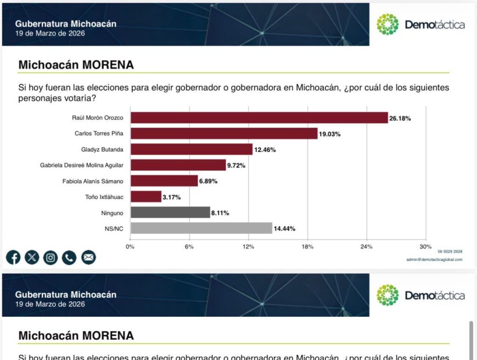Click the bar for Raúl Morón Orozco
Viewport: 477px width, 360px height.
point(259,118)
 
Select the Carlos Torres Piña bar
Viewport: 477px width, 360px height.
point(224,134)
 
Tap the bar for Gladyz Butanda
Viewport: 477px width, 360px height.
point(191,149)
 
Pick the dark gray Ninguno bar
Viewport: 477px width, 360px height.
point(170,212)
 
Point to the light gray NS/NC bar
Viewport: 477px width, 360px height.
point(201,228)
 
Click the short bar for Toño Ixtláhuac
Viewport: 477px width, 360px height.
point(146,197)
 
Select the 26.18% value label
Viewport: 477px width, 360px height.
point(400,118)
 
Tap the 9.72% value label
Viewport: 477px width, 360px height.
point(236,165)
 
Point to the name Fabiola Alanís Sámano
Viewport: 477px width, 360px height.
point(93,181)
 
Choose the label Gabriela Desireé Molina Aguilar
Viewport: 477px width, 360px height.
point(82,165)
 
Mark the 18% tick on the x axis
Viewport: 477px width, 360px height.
point(307,247)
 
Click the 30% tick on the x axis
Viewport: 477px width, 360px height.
point(425,247)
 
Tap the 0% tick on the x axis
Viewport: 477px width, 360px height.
point(130,247)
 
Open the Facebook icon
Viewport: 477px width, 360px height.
point(13,257)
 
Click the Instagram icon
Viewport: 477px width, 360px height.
point(50,257)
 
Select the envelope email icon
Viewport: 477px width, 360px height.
point(88,257)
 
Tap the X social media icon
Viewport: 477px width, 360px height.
point(32,257)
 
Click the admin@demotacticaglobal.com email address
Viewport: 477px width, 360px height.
point(434,259)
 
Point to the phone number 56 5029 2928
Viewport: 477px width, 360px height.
point(450,251)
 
